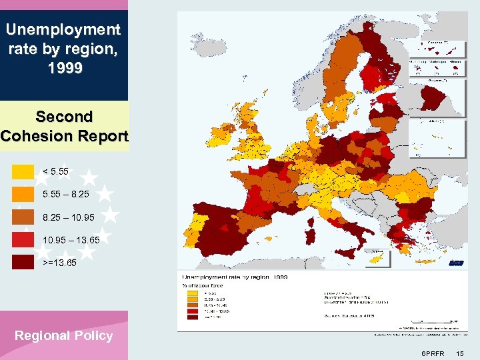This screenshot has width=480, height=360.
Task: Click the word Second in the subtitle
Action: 64,117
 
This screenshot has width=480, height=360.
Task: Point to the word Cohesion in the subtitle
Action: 41,136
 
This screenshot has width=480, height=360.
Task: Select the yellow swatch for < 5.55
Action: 23,171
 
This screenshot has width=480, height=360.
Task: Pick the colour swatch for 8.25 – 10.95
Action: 23,217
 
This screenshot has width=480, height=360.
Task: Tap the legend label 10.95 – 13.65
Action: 71,239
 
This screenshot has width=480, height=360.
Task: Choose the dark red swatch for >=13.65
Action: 23,262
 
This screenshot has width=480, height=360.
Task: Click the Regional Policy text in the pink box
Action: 64,335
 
